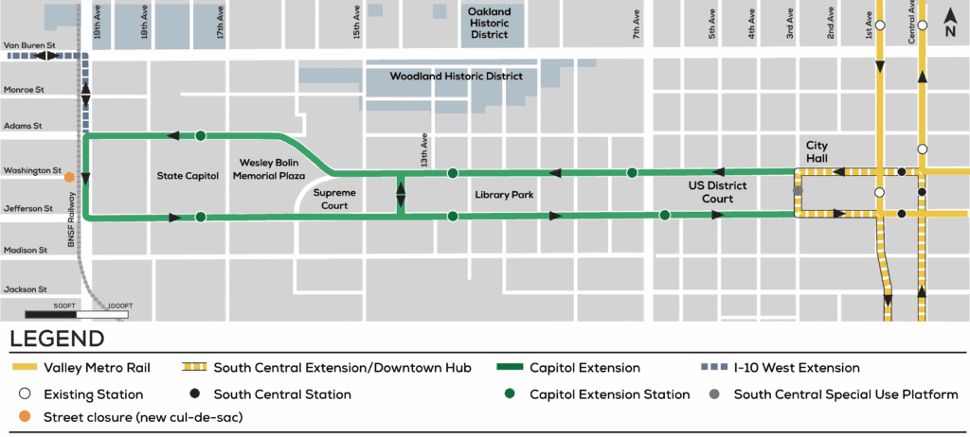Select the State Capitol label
click(x=187, y=176)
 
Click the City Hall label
click(x=817, y=151)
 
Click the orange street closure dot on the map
click(x=69, y=176)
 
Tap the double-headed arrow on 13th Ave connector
click(x=401, y=195)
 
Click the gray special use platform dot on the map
click(x=798, y=191)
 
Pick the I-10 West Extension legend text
click(x=798, y=368)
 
